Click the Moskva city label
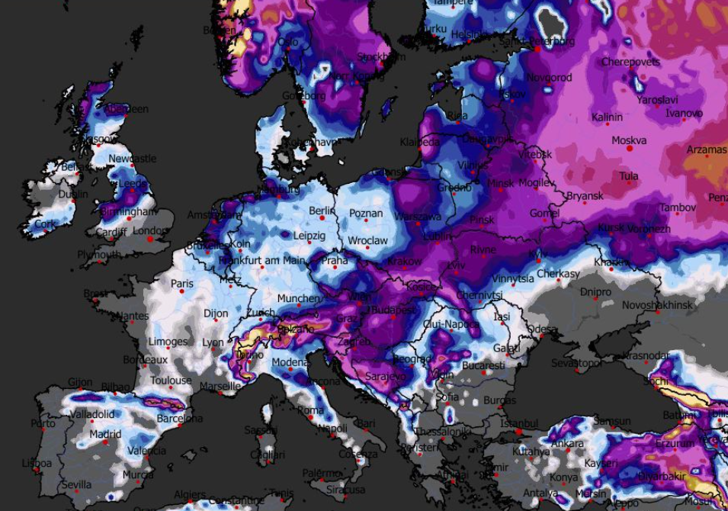[629, 140]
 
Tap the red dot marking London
[150, 239]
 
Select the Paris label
[182, 284]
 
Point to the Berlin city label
[322, 211]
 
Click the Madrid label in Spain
[105, 434]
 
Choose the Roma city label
[310, 410]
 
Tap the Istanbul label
[520, 423]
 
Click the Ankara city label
[567, 443]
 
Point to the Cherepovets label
[630, 62]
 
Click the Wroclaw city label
[368, 240]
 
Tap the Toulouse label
[171, 380]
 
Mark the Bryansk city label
[585, 196]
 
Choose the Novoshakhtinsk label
[658, 304]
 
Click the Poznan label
[365, 214]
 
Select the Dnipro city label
[595, 292]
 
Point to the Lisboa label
[37, 463]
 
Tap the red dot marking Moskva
[630, 149]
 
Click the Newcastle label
[133, 159]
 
